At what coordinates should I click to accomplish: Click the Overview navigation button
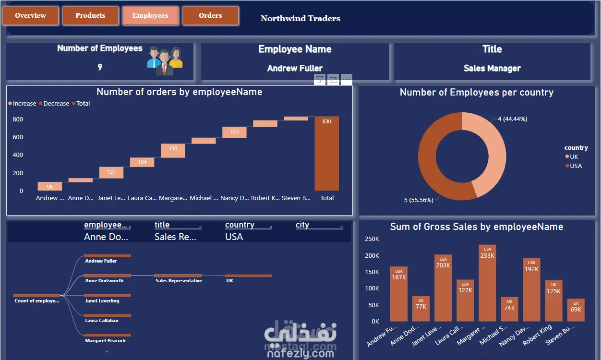(x=31, y=15)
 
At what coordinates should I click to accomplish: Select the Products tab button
(x=90, y=15)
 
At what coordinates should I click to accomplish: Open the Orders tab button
(x=210, y=15)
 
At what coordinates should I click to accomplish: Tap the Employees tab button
(x=150, y=15)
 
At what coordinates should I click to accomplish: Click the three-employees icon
(x=165, y=60)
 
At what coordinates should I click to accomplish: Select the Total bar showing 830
(x=326, y=154)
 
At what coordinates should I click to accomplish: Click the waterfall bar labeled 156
(x=173, y=150)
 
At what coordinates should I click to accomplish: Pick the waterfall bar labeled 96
(x=50, y=186)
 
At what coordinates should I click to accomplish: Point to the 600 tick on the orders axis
(x=18, y=137)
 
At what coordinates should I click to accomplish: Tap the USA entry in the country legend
(x=575, y=166)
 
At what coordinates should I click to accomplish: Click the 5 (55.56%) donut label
(x=419, y=200)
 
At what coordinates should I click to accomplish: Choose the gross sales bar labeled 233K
(x=487, y=283)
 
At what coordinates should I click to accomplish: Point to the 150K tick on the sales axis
(x=372, y=272)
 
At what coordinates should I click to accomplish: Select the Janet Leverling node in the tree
(x=102, y=300)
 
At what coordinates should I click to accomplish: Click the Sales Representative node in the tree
(x=178, y=280)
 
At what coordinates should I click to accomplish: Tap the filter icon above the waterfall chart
(x=320, y=80)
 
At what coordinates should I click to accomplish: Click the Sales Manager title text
(x=492, y=68)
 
